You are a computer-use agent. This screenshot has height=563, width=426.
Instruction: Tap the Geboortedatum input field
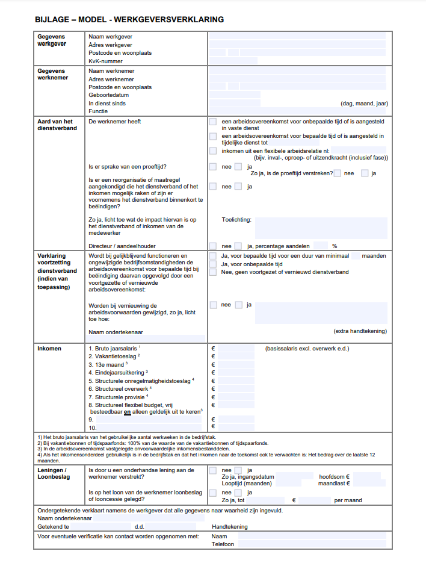(x=235, y=95)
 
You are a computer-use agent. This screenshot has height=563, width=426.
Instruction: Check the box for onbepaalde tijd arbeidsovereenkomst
(x=213, y=122)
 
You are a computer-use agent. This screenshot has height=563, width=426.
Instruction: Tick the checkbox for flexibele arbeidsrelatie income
(x=213, y=151)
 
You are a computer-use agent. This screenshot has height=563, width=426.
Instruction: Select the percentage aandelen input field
(x=321, y=246)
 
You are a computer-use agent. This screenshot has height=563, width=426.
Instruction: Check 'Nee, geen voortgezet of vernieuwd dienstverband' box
(x=213, y=272)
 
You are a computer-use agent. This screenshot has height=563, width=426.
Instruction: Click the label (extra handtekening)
(x=360, y=331)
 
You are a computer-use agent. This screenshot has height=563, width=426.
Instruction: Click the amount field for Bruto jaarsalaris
(x=236, y=349)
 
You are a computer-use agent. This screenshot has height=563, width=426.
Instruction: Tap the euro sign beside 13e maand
(x=213, y=364)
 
